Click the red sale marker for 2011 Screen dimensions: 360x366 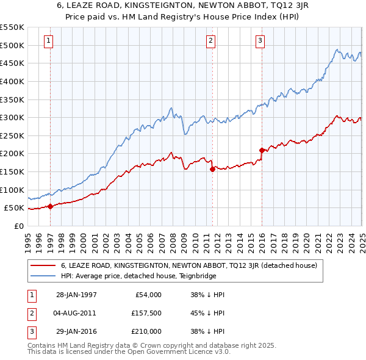[x=212, y=169]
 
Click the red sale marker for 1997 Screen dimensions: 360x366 [x=51, y=206]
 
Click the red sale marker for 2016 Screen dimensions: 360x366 [x=262, y=150]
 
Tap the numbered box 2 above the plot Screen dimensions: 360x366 [x=210, y=41]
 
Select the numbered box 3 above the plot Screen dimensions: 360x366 [x=260, y=41]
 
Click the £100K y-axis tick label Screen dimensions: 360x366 [x=12, y=190]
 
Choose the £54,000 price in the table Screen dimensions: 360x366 [x=147, y=295]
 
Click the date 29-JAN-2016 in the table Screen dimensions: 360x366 [x=76, y=331]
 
